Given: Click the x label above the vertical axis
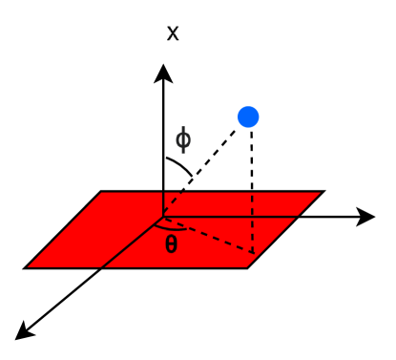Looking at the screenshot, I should pyautogui.click(x=173, y=33).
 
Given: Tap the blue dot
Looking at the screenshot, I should pyautogui.click(x=249, y=116).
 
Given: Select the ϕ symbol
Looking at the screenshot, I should pyautogui.click(x=182, y=140).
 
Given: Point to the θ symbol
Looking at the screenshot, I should pyautogui.click(x=171, y=244).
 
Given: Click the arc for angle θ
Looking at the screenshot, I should pyautogui.click(x=172, y=228).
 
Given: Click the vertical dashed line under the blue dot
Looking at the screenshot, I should pyautogui.click(x=251, y=191).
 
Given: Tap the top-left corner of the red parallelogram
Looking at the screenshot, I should pyautogui.click(x=101, y=192).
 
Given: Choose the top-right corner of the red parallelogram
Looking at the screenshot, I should pyautogui.click(x=323, y=192).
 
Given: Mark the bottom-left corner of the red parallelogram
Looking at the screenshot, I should pyautogui.click(x=26, y=267).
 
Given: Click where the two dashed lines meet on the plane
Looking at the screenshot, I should pyautogui.click(x=251, y=253).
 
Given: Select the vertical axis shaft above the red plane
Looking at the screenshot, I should pyautogui.click(x=164, y=134).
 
